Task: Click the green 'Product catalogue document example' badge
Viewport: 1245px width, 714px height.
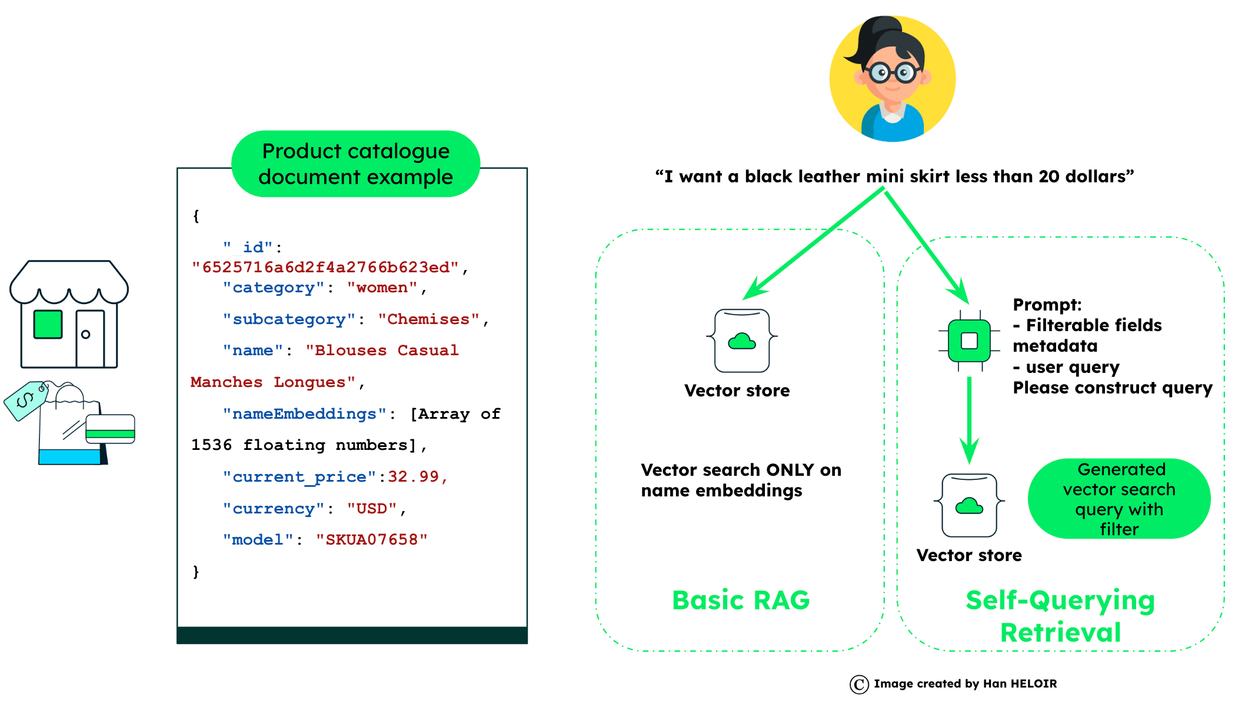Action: (x=355, y=164)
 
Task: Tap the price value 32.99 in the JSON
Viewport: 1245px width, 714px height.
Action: (x=413, y=476)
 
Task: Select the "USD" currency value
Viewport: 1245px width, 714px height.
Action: (x=372, y=508)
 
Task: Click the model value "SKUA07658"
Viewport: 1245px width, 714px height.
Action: (x=371, y=539)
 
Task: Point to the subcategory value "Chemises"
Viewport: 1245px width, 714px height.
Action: (x=428, y=319)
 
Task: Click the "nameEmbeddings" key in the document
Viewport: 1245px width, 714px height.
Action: (x=304, y=414)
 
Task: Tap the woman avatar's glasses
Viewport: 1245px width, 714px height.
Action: (x=893, y=72)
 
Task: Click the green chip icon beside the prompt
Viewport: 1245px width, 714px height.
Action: (x=969, y=341)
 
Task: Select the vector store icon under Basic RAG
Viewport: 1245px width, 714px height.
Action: (x=742, y=341)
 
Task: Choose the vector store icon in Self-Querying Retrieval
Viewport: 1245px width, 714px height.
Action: (x=969, y=505)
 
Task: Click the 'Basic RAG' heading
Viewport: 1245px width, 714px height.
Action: (x=741, y=600)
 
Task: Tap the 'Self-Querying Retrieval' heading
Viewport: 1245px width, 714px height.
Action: (x=1060, y=616)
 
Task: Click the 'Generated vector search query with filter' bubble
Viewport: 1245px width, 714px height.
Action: (x=1119, y=499)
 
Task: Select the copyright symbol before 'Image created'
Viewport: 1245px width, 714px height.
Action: (x=859, y=684)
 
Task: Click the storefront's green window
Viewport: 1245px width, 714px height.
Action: (x=48, y=324)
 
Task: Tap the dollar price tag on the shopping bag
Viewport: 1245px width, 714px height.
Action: (x=26, y=401)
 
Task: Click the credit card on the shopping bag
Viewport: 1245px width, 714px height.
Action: (x=110, y=429)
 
